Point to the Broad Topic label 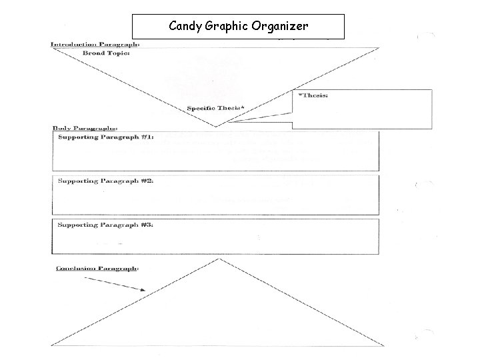point(106,53)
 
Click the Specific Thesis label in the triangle point(215,107)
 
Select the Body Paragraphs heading point(85,127)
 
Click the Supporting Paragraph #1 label point(106,137)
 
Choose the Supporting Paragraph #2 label point(106,181)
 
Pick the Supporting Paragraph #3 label point(106,225)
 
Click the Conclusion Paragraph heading point(97,269)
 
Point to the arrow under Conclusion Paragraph point(116,283)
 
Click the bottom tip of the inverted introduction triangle point(216,126)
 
